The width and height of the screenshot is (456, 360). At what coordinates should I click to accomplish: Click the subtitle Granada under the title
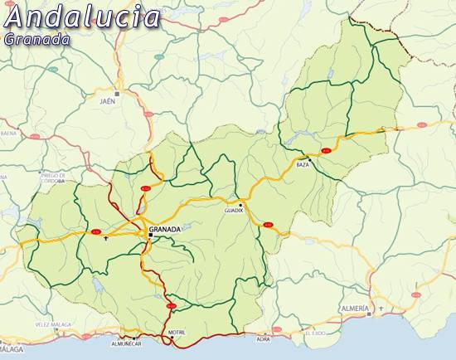[37, 39]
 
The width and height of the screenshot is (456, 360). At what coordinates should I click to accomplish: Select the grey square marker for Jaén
[118, 94]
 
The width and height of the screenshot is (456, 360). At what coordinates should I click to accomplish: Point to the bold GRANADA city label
[164, 228]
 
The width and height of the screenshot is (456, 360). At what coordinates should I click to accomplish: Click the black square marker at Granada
[150, 236]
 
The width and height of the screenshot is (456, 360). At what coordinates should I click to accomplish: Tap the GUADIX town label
[234, 211]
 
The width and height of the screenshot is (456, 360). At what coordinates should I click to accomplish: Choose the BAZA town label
[303, 165]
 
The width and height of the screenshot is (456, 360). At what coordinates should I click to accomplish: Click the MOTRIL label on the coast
[177, 333]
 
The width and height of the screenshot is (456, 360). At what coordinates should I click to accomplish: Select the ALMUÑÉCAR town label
[126, 343]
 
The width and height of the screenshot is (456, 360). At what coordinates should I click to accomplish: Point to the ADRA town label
[264, 339]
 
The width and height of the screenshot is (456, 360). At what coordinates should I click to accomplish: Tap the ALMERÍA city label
[355, 307]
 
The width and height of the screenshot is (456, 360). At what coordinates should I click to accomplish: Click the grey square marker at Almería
[370, 313]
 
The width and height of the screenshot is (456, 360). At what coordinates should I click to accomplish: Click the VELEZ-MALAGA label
[53, 324]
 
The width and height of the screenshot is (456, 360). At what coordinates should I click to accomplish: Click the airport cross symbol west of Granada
[106, 238]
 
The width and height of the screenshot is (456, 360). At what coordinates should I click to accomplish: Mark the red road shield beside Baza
[326, 150]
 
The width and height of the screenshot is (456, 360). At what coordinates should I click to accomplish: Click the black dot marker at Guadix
[240, 204]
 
